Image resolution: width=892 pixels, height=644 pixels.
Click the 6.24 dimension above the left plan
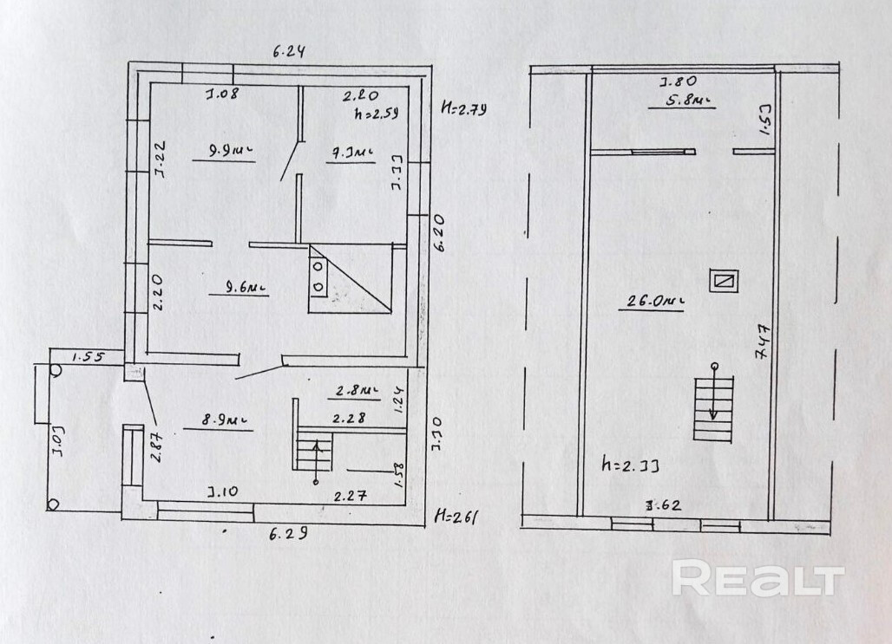click(289, 50)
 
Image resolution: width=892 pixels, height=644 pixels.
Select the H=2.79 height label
click(465, 109)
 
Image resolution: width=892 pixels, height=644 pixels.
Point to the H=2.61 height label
click(456, 517)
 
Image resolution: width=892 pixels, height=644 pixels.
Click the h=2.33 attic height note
click(631, 465)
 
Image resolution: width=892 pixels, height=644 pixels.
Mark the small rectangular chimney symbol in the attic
click(723, 281)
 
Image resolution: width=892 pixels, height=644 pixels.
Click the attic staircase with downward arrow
click(713, 407)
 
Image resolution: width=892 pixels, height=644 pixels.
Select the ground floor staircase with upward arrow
click(316, 453)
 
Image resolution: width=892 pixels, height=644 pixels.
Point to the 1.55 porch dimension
click(88, 355)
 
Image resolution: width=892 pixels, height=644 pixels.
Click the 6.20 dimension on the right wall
click(440, 234)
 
